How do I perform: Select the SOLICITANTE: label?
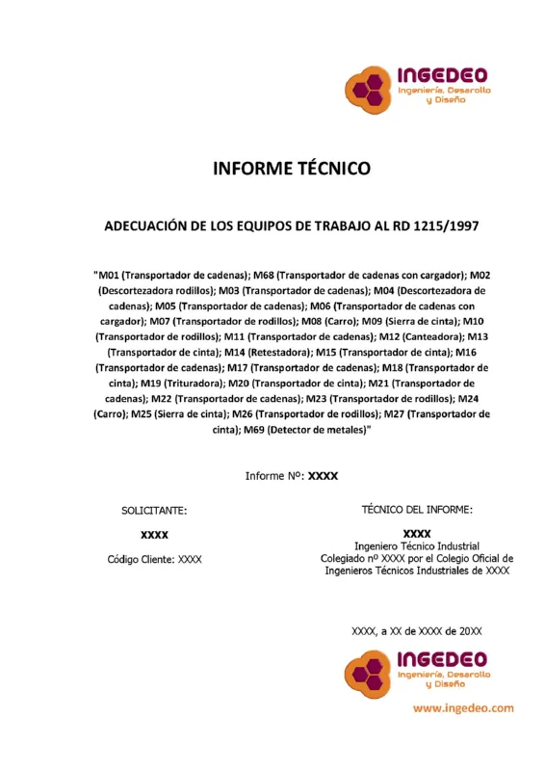[x=154, y=511]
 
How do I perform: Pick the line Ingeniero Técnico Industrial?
[x=416, y=545]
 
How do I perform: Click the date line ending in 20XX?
[x=416, y=631]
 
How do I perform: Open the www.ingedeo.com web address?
[x=463, y=707]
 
